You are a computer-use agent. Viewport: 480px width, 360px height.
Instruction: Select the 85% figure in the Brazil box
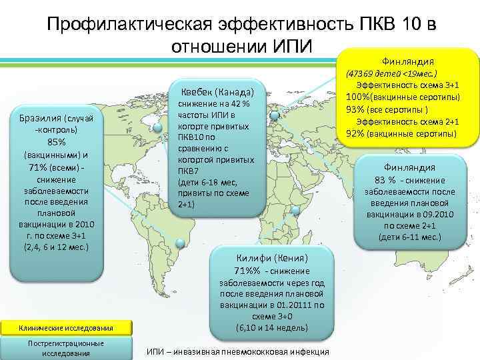[x=56, y=142]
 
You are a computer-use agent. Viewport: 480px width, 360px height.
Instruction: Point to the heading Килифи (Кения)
[x=272, y=257]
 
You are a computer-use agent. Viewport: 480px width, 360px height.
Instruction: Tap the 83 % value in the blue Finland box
[x=387, y=180]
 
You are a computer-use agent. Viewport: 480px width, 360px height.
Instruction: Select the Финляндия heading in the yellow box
[x=409, y=58]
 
